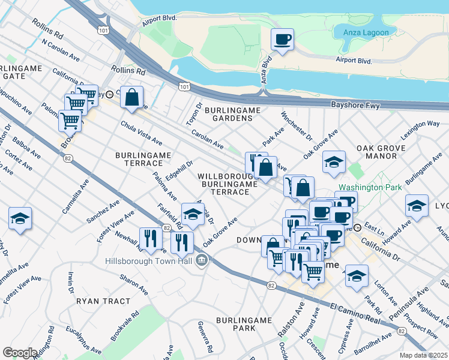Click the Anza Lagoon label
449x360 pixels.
tap(366, 32)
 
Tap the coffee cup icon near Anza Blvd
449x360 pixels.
tap(282, 40)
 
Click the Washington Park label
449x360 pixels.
tap(370, 187)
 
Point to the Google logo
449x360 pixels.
tap(20, 353)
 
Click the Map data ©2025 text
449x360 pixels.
tap(423, 355)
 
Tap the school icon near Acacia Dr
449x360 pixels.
tap(192, 215)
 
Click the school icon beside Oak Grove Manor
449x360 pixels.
tap(334, 162)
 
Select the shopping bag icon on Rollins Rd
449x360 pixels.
tap(131, 98)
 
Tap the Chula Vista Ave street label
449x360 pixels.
tap(142, 132)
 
